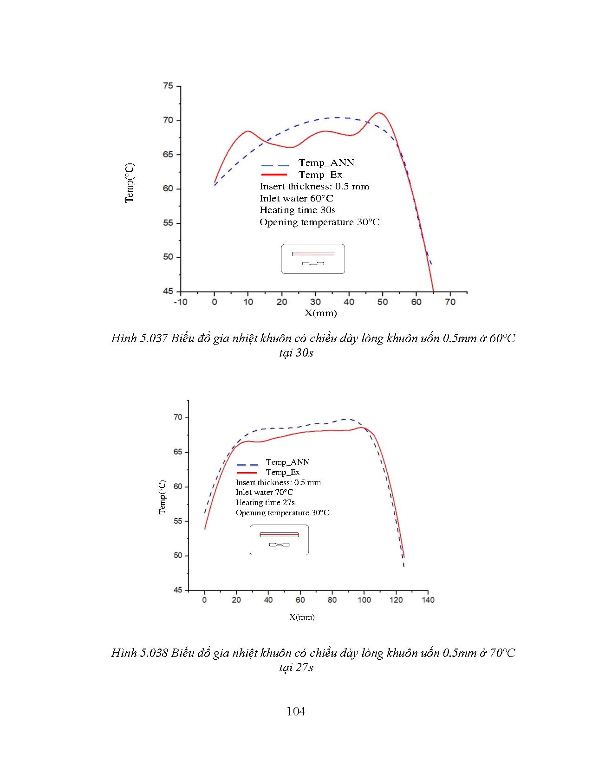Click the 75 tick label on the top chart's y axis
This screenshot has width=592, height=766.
point(168,86)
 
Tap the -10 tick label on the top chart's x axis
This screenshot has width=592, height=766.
point(180,302)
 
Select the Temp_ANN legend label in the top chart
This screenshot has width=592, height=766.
point(326,163)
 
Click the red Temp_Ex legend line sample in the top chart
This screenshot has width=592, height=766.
point(274,175)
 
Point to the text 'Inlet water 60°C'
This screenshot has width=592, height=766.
point(296,199)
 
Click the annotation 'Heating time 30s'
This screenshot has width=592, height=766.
point(297,210)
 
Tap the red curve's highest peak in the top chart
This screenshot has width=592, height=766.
point(379,113)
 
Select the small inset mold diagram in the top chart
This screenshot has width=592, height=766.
point(313,259)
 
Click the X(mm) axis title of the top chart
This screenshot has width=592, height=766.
point(320,313)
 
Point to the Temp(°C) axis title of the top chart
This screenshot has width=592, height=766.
point(129,183)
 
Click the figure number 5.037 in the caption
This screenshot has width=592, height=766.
point(154,338)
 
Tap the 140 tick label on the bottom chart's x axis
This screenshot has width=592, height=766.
point(428,600)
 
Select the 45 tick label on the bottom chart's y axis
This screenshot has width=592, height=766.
point(178,590)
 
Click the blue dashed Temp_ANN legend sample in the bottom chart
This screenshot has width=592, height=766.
point(247,465)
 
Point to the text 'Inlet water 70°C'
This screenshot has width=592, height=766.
point(264,493)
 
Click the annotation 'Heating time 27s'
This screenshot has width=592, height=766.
point(265,503)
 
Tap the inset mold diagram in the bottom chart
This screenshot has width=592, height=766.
point(279,540)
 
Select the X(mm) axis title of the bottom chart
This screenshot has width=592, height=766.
point(302,617)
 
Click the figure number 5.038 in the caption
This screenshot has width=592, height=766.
point(154,653)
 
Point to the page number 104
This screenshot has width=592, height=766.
point(296,712)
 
